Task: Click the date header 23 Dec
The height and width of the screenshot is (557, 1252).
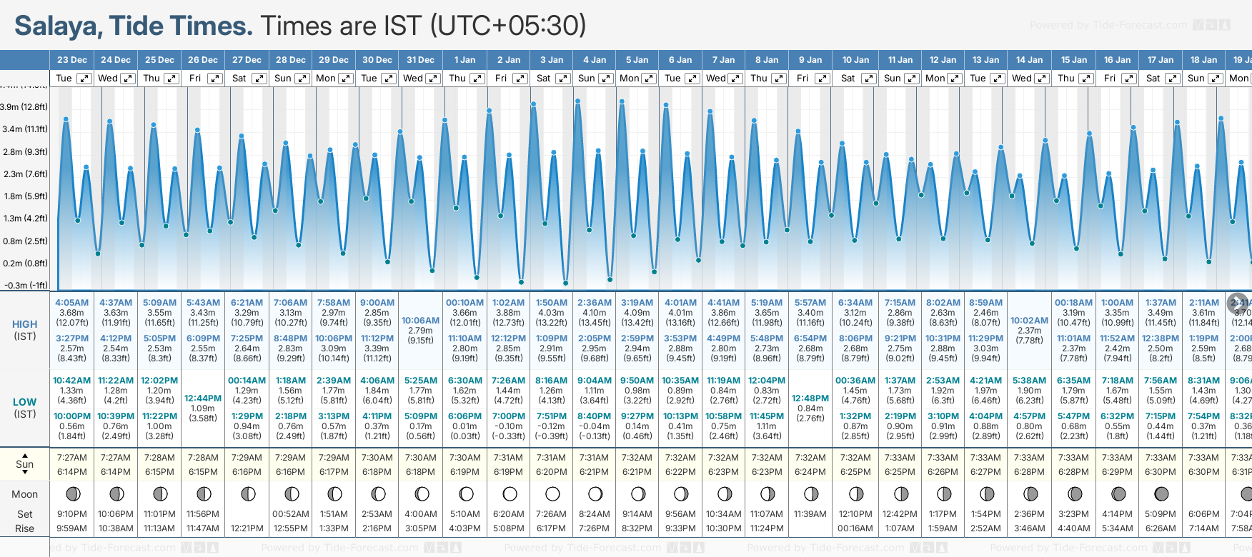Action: (x=71, y=60)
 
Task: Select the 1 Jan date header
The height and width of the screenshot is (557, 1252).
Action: (x=464, y=60)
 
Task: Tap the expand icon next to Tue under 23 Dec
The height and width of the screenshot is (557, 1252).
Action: (x=84, y=79)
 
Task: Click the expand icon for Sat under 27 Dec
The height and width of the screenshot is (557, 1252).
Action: (x=259, y=79)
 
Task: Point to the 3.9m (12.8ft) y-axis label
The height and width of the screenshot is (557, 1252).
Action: (x=24, y=107)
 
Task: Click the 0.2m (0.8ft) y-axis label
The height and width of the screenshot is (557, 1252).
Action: (x=24, y=264)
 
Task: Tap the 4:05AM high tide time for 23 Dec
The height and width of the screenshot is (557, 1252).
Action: (x=72, y=303)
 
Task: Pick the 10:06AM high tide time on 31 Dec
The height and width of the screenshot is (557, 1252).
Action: (x=420, y=321)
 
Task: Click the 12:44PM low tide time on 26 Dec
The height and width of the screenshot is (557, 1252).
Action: (x=203, y=398)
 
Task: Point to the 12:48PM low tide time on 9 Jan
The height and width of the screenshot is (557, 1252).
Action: (x=810, y=398)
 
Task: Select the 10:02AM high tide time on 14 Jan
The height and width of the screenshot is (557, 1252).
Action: (x=1029, y=321)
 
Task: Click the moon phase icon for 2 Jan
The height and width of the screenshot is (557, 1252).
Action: (x=510, y=493)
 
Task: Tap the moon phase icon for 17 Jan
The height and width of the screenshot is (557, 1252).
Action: (x=1161, y=493)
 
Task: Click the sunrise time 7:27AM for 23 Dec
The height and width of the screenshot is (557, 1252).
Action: (x=72, y=458)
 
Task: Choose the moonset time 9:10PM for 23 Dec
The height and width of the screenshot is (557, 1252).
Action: (x=72, y=514)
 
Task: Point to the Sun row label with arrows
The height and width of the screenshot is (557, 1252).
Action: (x=25, y=464)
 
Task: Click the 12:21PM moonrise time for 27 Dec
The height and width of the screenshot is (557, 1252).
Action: (x=247, y=528)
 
